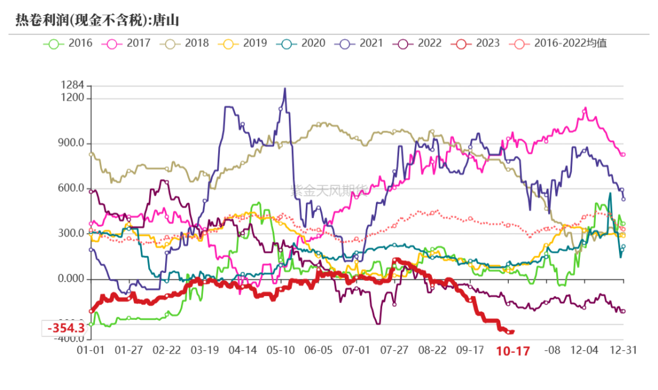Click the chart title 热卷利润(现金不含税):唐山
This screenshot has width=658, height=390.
click(97, 21)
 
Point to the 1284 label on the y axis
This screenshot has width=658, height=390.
click(72, 86)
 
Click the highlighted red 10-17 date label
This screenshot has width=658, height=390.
click(512, 351)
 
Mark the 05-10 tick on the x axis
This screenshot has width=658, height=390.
click(280, 350)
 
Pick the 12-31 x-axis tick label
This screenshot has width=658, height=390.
click(623, 350)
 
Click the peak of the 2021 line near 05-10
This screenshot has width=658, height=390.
click(285, 89)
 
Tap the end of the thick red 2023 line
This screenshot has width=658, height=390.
click(513, 331)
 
